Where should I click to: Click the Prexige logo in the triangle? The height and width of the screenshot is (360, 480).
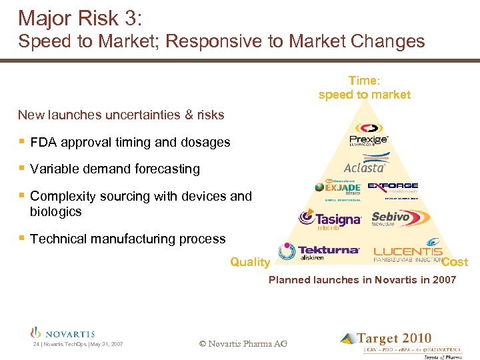click(x=369, y=134)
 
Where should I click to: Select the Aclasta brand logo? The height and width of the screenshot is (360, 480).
click(x=365, y=165)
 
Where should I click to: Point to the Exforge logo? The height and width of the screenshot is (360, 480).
click(x=393, y=188)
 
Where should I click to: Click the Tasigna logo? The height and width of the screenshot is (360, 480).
click(x=329, y=219)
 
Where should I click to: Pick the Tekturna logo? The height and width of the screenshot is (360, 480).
click(x=319, y=251)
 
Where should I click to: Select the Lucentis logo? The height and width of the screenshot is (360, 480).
click(x=416, y=250)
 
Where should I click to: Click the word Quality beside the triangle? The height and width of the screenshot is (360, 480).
click(x=250, y=263)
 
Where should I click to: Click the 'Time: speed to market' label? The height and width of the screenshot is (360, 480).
click(x=364, y=88)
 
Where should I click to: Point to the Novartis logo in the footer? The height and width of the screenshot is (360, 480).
click(x=63, y=333)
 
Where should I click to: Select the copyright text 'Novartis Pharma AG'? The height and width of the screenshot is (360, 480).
click(x=243, y=343)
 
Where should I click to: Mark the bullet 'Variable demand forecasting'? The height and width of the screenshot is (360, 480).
click(x=115, y=169)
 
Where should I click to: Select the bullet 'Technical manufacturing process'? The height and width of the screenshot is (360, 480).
click(x=128, y=239)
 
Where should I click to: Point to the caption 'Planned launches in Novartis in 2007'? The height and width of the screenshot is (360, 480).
click(x=362, y=280)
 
